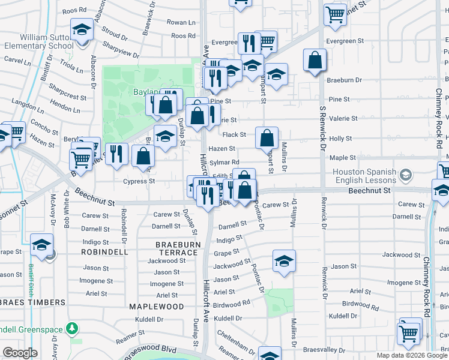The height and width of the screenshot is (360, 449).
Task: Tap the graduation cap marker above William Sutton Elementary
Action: click(x=82, y=29)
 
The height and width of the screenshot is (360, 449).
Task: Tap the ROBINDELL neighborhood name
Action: click(x=105, y=253)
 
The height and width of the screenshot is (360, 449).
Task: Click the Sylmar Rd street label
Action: click(x=224, y=162)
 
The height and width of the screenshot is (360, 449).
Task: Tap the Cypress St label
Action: click(x=139, y=181)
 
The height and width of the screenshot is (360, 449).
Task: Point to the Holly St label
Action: click(x=340, y=138)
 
